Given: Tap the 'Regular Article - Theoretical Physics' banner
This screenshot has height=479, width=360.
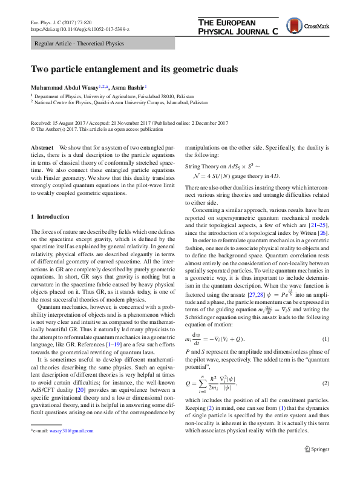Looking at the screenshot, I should tap(79, 44).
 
